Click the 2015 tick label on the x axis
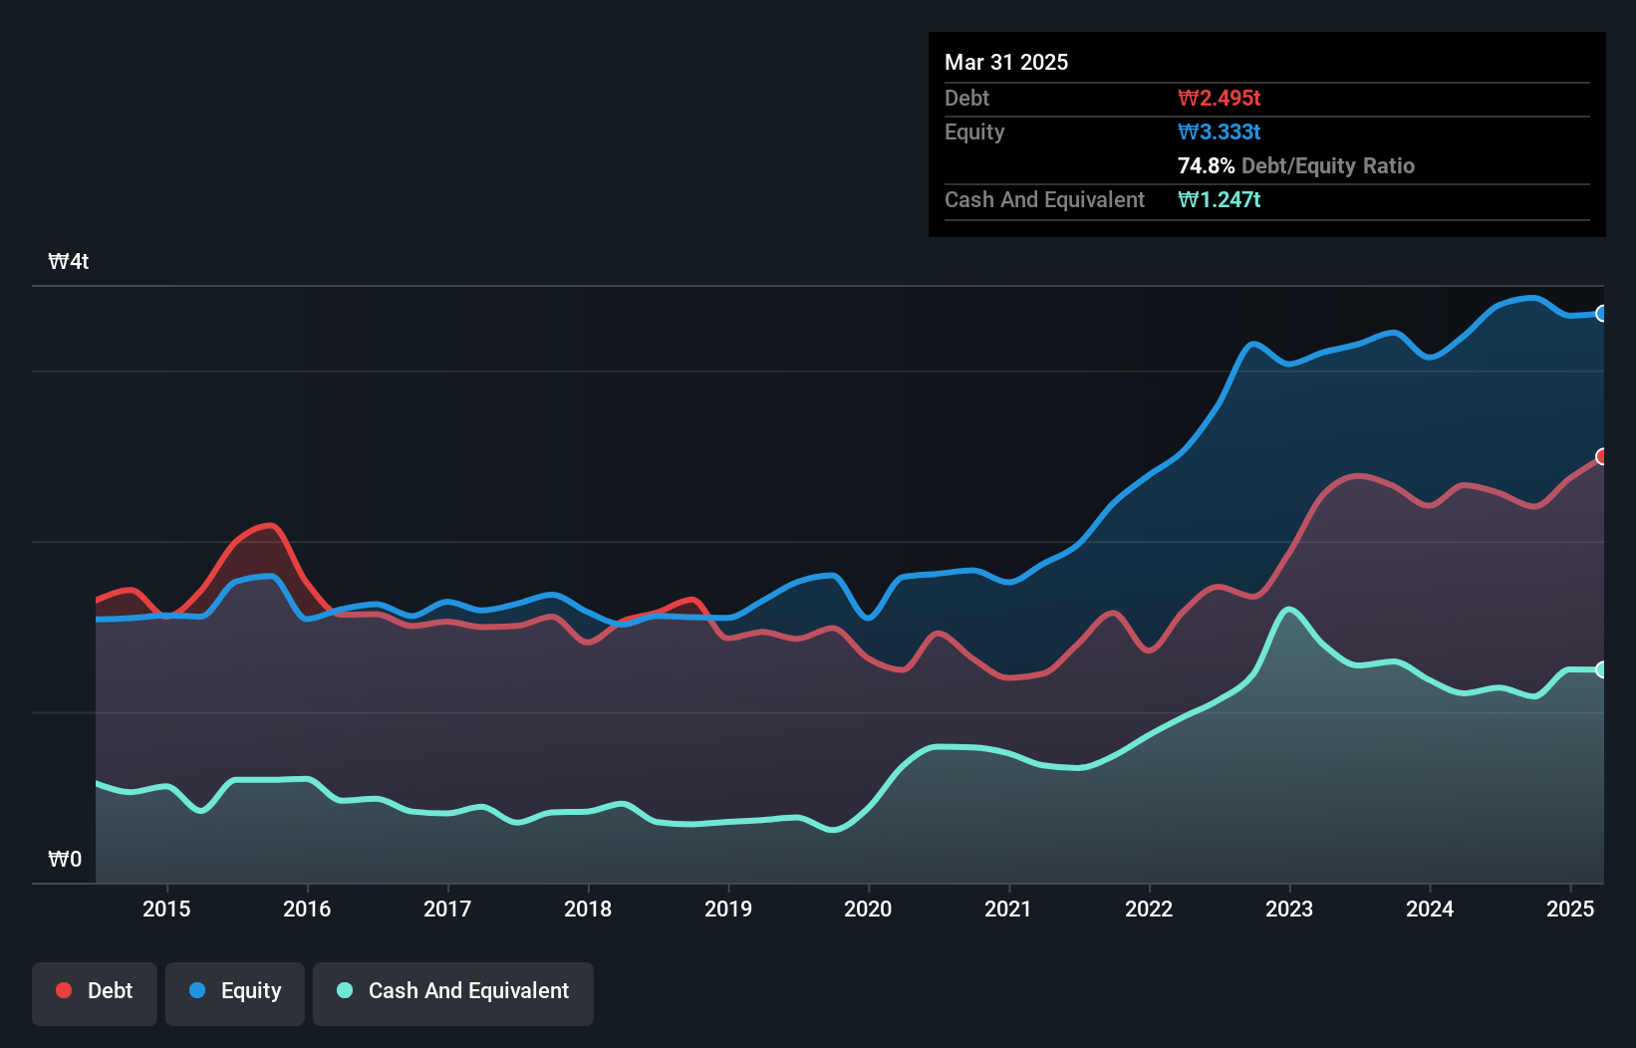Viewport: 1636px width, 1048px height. tap(166, 909)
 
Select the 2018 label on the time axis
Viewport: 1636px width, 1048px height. tap(588, 909)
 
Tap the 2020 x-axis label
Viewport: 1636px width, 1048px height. tap(868, 909)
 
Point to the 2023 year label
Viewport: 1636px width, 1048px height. tap(1289, 909)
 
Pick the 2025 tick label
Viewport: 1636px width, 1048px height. tap(1570, 909)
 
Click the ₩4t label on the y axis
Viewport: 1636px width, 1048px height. tap(69, 262)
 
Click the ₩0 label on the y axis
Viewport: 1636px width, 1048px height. tap(65, 859)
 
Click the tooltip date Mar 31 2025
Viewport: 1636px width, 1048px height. tap(1006, 62)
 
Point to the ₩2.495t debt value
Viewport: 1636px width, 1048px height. tap(1219, 98)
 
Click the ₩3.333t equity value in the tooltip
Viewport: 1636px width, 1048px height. tap(1219, 131)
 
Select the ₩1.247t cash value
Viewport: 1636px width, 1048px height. tap(1219, 199)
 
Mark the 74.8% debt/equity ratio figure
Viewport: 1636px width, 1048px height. tap(1206, 165)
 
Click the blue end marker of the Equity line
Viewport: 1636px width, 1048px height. tap(1601, 314)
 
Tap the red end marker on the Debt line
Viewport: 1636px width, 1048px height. tap(1601, 456)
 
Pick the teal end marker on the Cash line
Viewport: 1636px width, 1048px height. tap(1601, 669)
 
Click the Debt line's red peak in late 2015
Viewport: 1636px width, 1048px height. tap(267, 525)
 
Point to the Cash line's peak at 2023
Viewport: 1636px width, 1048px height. tap(1289, 609)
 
